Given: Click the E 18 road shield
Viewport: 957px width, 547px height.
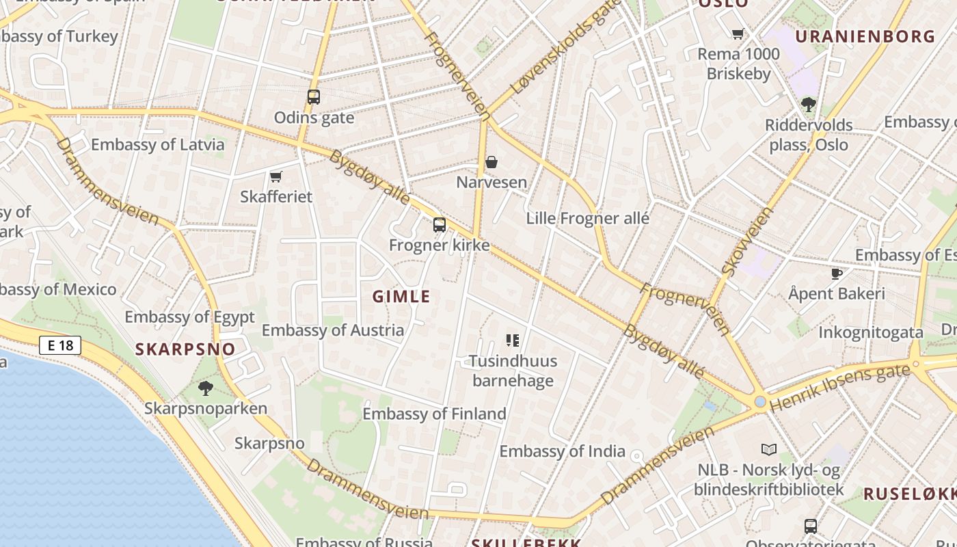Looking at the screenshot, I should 60,345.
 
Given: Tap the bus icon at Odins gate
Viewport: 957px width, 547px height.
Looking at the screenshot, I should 314,97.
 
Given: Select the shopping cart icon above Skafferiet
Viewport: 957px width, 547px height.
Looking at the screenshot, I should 276,177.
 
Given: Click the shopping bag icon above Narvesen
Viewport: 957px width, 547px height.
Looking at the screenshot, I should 491,162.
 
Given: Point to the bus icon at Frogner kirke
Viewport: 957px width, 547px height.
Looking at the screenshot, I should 440,224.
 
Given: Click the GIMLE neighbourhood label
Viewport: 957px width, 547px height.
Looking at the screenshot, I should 401,296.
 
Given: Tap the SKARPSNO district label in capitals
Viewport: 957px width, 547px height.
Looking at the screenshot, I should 185,349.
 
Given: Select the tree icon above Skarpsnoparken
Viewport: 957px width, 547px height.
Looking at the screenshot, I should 205,388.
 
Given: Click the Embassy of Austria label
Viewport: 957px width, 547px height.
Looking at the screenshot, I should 332,330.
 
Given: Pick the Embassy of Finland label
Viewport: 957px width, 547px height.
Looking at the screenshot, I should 434,414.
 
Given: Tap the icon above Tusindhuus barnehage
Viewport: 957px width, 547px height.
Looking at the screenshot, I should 513,340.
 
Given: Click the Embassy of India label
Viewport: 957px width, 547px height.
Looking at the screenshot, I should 562,451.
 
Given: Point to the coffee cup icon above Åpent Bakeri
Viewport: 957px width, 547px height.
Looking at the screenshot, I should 836,273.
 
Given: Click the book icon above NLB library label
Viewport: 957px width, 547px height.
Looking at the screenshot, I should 768,449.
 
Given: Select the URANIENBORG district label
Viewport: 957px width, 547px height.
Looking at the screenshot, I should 865,36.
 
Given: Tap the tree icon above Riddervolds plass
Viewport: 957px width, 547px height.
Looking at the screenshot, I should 809,105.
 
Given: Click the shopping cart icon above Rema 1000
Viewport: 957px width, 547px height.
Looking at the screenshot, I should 738,34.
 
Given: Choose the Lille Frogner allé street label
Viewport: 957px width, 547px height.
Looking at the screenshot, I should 587,219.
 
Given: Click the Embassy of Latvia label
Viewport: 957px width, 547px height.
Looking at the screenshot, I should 157,144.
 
